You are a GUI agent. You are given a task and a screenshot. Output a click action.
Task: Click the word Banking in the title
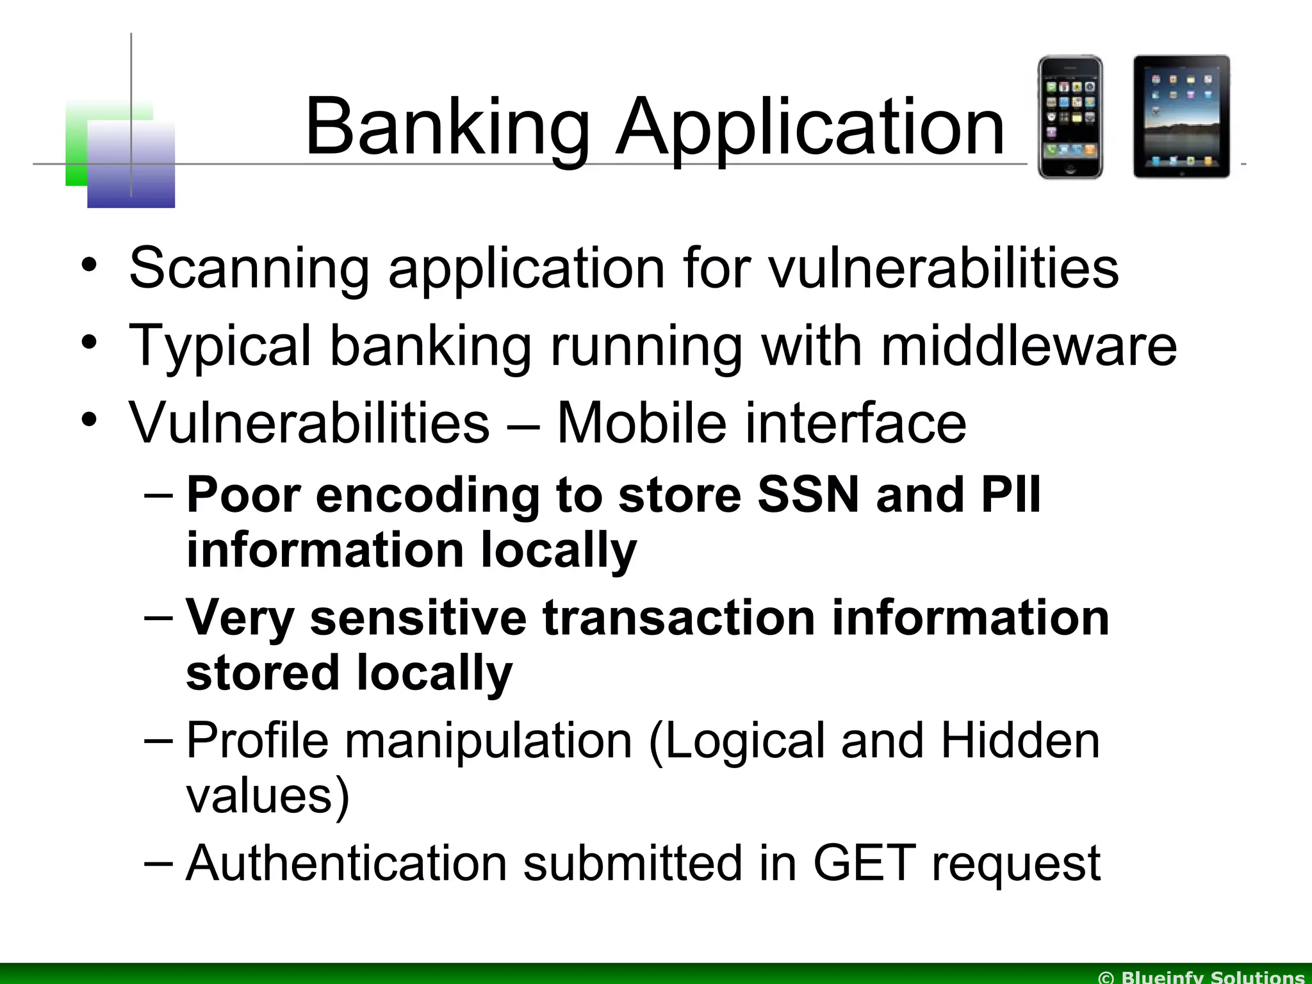coord(447,128)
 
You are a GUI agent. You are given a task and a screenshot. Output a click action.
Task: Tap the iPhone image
coord(1070,117)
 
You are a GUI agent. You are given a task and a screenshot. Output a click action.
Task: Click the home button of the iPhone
coord(1070,169)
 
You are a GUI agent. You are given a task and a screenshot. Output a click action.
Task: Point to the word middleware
coord(1029,346)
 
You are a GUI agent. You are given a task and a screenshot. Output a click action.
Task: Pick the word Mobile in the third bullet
coord(641,423)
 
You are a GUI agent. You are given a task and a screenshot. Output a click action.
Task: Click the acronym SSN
coord(808,495)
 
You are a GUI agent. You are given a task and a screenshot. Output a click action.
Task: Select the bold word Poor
coord(244,495)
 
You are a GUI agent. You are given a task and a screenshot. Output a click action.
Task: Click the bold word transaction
coord(678,618)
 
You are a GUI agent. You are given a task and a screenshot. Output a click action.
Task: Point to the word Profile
coord(257,741)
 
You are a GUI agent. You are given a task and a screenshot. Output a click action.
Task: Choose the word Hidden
coord(1020,741)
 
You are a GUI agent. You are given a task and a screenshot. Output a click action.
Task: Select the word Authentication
coord(347,863)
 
